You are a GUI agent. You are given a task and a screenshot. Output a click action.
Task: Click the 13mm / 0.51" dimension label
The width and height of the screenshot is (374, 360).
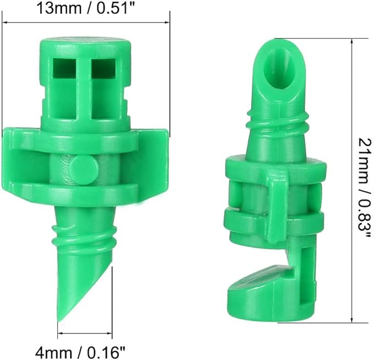[x=85, y=8]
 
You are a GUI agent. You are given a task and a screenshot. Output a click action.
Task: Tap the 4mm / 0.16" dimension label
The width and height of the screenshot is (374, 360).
[x=85, y=350]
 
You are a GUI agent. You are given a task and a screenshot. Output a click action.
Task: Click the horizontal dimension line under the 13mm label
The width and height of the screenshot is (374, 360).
[x=85, y=23]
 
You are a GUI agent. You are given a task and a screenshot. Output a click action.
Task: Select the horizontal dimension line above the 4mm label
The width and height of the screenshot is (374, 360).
[x=85, y=333]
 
